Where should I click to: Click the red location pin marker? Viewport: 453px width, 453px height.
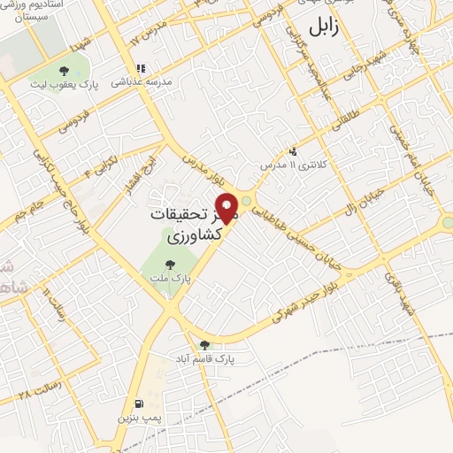(x=227, y=207)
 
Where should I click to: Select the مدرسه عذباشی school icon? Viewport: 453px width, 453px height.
(x=140, y=67)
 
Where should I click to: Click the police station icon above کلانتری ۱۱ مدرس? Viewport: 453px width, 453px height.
(x=293, y=151)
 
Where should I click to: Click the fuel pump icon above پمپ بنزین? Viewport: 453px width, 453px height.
(x=138, y=403)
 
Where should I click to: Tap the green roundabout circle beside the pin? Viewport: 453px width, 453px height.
(x=246, y=200)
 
